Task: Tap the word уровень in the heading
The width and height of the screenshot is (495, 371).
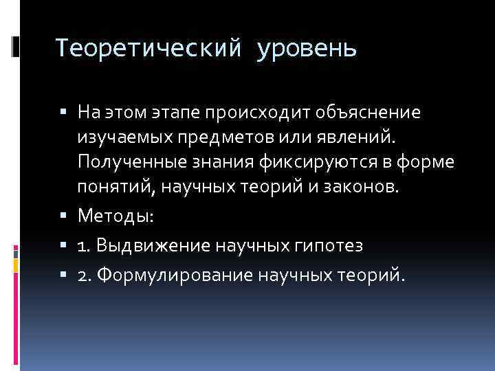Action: (x=306, y=49)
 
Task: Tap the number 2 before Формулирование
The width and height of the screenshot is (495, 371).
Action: (x=82, y=276)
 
